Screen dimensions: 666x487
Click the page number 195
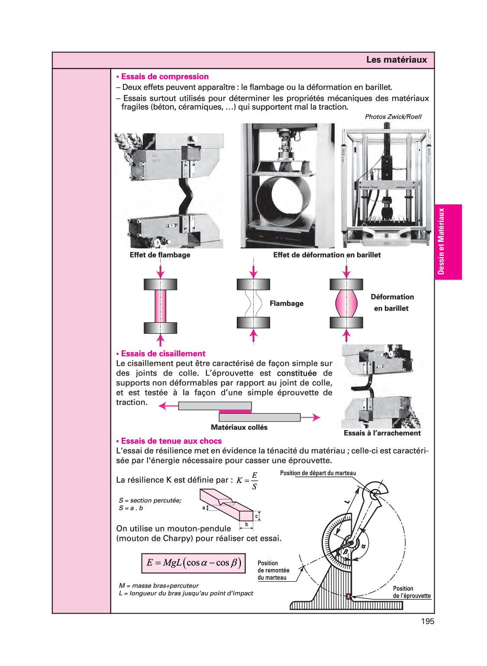[427, 621]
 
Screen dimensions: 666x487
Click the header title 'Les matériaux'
[396, 60]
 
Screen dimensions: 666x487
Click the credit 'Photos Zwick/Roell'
[393, 116]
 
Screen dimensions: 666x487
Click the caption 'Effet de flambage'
[160, 255]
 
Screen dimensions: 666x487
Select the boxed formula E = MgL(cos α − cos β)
[194, 563]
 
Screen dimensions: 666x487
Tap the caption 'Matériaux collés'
[239, 427]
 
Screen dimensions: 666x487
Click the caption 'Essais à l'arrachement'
[382, 433]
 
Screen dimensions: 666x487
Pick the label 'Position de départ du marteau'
[318, 473]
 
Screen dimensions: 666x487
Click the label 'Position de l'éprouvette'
[411, 592]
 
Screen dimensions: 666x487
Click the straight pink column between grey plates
[160, 306]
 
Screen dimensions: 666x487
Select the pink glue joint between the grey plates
[235, 412]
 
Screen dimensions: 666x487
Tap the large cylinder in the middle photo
[283, 197]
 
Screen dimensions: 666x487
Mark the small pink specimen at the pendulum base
[348, 596]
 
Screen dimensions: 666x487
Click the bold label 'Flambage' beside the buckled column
[286, 303]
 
